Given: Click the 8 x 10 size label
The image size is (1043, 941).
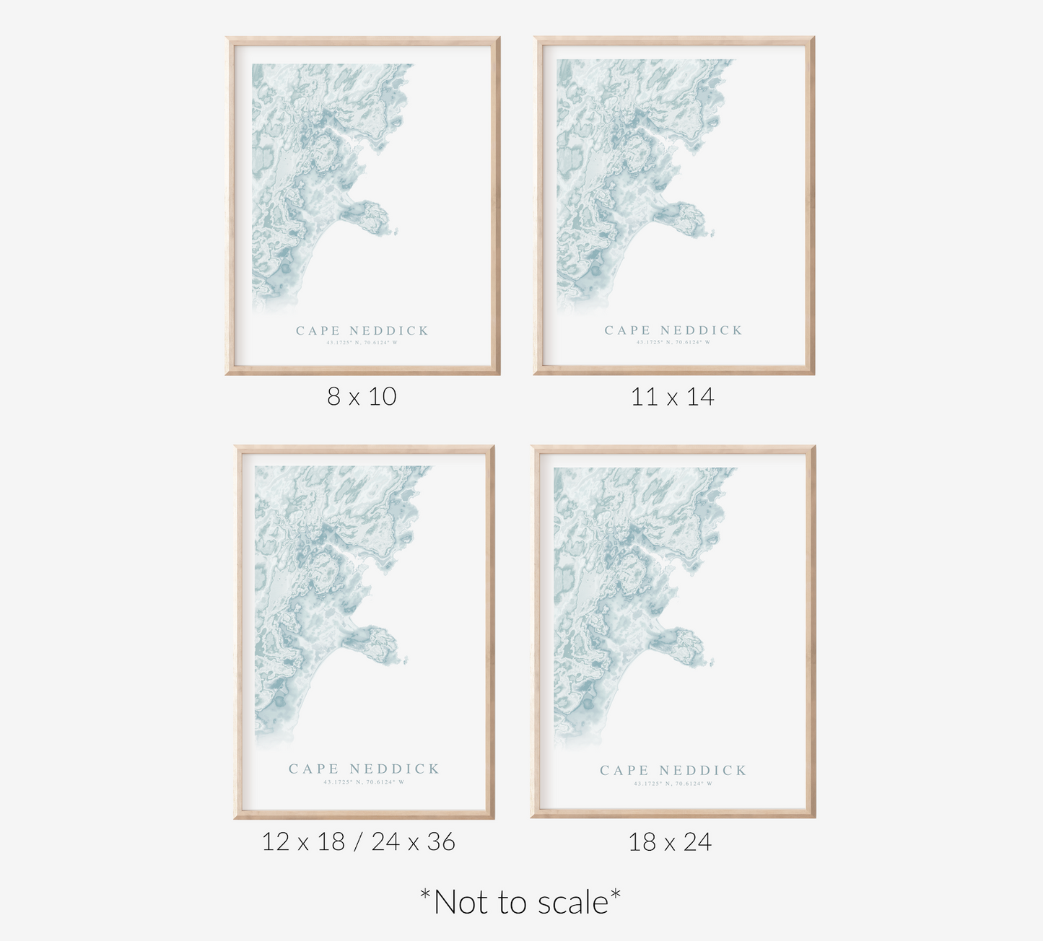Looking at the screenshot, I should (x=362, y=396).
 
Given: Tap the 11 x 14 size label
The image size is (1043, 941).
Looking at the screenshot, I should (x=672, y=396).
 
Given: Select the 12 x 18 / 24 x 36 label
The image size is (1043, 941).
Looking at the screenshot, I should (x=359, y=841).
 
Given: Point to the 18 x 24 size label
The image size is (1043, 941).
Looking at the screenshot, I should (x=670, y=841).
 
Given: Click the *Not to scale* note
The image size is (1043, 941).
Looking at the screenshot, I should (x=520, y=902).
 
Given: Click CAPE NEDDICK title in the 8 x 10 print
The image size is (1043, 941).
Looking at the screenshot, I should (x=362, y=331).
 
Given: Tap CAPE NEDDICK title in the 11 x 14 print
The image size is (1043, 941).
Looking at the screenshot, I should (x=673, y=331).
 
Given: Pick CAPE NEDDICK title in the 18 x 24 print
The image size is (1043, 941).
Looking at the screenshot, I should (x=673, y=771).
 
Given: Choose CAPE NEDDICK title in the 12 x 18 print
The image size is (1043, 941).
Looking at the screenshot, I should (x=364, y=769).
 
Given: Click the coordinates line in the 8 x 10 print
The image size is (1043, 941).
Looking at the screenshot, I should (x=362, y=343).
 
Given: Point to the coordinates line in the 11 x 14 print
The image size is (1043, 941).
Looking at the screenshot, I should (x=673, y=342).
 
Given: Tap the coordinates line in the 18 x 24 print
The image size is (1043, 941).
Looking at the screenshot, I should (x=673, y=784).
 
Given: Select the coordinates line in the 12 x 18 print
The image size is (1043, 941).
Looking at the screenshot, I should (x=364, y=782).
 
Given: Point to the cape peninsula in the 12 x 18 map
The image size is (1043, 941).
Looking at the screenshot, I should (x=375, y=641).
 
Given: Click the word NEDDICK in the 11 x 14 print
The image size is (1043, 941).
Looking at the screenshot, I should (x=701, y=331).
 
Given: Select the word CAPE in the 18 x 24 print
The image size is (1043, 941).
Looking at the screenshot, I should (x=624, y=771).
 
